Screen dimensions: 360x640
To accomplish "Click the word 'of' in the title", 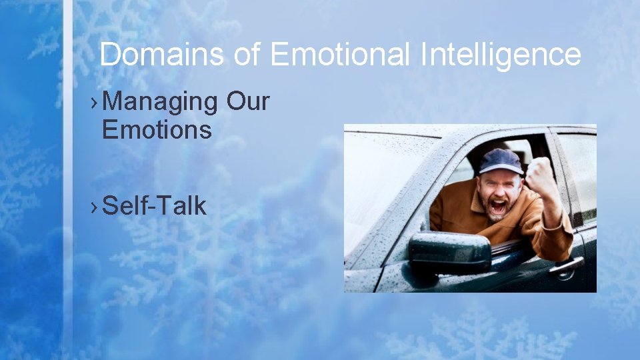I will pos(247,55).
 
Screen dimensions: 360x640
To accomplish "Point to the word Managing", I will pos(161,102).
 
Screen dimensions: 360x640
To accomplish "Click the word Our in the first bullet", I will pos(247,102).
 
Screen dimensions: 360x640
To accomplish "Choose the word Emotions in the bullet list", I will pos(157,129).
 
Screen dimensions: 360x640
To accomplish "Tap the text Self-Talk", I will pos(155,206).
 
